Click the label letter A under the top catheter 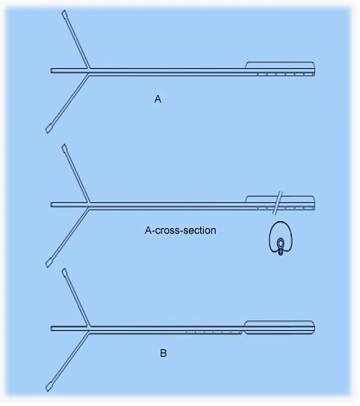[x=158, y=99]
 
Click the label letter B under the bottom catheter [x=163, y=353]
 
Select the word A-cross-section [x=180, y=231]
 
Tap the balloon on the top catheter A [x=280, y=65]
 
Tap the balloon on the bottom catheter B [x=280, y=327]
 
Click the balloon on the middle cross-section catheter [x=280, y=200]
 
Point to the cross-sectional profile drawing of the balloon [x=281, y=238]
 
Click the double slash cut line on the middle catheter [x=279, y=203]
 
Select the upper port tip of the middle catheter [x=64, y=146]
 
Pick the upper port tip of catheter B [x=64, y=270]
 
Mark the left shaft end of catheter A [x=51, y=71]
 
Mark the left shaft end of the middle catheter [x=51, y=205]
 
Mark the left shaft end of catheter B [x=51, y=328]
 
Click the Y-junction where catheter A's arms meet [x=89, y=71]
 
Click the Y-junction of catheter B [x=89, y=329]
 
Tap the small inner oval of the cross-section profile [x=281, y=244]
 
